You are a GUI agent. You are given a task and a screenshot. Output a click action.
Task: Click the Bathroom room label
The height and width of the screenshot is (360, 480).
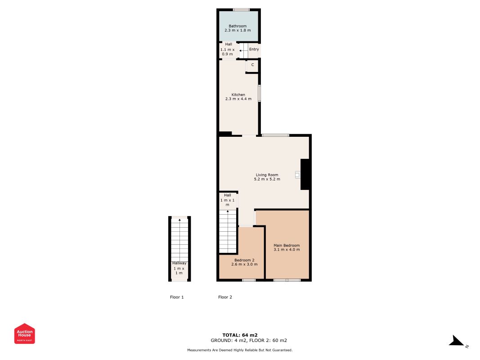[x=238, y=26]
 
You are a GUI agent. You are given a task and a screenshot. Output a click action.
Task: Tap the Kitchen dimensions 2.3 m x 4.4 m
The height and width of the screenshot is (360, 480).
[x=238, y=99]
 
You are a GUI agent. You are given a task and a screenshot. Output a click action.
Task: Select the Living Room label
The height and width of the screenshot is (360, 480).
[x=267, y=175]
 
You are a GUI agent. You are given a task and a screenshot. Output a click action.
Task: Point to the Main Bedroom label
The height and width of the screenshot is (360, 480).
[x=287, y=246]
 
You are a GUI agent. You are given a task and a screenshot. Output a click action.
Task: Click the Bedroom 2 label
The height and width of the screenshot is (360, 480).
[x=244, y=260]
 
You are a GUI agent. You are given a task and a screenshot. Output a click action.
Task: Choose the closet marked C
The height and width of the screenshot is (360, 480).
[x=252, y=65]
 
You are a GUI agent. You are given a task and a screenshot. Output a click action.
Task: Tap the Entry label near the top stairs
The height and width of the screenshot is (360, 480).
[x=254, y=49]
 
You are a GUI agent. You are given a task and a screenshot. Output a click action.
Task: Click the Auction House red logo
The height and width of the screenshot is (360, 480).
[x=25, y=333]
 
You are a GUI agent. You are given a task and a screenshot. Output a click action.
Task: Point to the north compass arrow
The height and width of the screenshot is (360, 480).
[x=458, y=342]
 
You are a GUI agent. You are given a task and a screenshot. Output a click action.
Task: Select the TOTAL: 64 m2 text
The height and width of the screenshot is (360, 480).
[x=240, y=335]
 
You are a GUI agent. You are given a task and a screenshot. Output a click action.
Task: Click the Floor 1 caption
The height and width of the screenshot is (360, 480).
[x=177, y=297]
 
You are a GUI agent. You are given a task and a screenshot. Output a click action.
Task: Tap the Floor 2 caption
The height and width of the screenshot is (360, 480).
[x=225, y=297]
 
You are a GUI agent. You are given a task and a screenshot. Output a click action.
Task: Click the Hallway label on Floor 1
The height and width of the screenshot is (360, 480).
[x=179, y=263]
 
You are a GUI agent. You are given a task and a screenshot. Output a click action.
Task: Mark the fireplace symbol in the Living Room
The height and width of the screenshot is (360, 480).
[x=297, y=175]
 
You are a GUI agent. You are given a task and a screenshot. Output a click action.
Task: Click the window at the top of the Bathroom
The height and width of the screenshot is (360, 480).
[x=241, y=10]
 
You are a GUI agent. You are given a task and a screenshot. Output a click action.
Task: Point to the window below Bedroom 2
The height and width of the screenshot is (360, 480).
[x=249, y=280]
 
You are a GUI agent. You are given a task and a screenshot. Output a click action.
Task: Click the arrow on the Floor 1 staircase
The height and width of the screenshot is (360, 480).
[x=179, y=220]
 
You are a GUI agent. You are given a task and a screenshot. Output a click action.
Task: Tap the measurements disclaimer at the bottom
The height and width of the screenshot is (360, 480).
[x=240, y=350]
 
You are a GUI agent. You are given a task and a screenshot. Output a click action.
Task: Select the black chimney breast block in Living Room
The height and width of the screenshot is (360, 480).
[x=305, y=174]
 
